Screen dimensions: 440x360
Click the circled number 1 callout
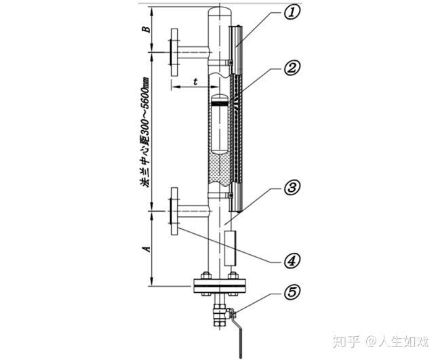point(292,13)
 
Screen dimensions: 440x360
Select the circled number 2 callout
point(292,68)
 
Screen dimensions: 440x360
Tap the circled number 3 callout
point(292,188)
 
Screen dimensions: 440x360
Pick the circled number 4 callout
point(292,260)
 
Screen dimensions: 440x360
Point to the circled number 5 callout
point(292,293)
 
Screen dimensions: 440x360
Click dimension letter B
point(146,29)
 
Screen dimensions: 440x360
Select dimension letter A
point(146,249)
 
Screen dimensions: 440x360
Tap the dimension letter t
point(195,81)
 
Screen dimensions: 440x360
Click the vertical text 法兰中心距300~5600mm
point(146,132)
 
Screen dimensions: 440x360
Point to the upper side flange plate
point(174,52)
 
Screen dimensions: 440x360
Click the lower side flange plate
point(174,211)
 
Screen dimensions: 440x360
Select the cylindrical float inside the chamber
point(220,125)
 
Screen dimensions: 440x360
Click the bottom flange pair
point(220,286)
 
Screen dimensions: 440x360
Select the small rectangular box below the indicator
point(230,248)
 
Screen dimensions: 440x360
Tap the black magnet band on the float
point(220,104)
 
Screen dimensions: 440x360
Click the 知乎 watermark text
point(346,342)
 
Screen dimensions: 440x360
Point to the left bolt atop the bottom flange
point(206,275)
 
